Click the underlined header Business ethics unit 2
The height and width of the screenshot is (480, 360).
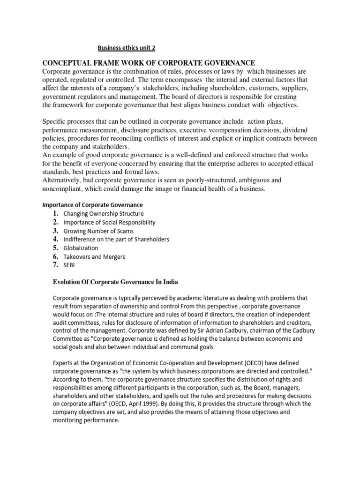coord(126,47)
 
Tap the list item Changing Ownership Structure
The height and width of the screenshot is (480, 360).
coord(104,214)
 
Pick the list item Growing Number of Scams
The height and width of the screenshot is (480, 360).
coord(98,231)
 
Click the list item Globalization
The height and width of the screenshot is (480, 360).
coord(81,248)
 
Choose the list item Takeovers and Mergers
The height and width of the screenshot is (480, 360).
coord(94,256)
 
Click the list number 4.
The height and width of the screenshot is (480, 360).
coord(55,239)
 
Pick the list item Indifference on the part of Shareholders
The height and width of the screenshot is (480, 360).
coord(116,239)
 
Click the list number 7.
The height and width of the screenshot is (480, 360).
coord(55,265)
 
